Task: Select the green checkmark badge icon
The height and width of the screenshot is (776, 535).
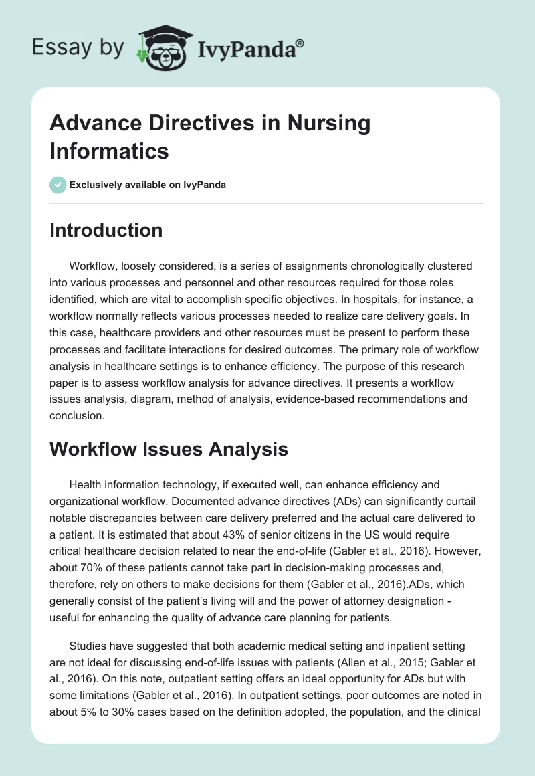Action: pos(58,185)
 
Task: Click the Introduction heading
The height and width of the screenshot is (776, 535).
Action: pos(106,230)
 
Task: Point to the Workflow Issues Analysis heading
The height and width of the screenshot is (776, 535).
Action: pos(169,449)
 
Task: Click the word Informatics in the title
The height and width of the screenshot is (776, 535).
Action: pos(109,151)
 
